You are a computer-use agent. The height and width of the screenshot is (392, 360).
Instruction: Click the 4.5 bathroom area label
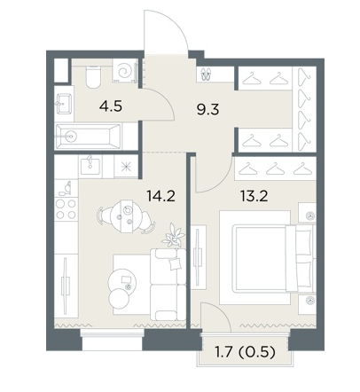(x=111, y=106)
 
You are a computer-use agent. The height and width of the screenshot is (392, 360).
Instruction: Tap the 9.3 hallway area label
(x=207, y=109)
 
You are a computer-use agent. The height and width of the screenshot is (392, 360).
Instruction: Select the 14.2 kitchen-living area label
(x=161, y=196)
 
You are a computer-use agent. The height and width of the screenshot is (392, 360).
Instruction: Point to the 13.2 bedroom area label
(x=254, y=196)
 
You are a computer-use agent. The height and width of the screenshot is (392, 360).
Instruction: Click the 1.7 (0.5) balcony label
(x=245, y=352)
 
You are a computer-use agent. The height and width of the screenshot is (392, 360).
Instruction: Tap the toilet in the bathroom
(x=93, y=76)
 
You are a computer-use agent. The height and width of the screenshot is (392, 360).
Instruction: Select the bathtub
(x=89, y=137)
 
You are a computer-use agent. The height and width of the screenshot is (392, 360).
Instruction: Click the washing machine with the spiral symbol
(x=125, y=70)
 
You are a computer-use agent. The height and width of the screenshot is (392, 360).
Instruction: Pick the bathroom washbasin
(x=64, y=103)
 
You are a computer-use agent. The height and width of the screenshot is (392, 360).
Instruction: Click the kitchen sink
(x=90, y=166)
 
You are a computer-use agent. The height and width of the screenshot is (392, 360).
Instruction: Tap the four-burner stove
(x=67, y=208)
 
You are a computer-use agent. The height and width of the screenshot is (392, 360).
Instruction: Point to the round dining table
(x=126, y=216)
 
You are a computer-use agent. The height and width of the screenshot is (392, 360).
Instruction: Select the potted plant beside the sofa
(x=174, y=236)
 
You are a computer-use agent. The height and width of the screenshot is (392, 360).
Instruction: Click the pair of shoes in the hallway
(x=206, y=74)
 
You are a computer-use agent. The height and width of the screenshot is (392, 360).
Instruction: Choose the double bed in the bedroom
(x=272, y=259)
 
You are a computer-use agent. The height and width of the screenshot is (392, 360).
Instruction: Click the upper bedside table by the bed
(x=308, y=213)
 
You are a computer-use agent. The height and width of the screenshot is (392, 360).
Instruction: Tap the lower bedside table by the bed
(x=308, y=304)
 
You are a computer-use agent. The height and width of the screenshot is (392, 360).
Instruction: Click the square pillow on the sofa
(x=175, y=263)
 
